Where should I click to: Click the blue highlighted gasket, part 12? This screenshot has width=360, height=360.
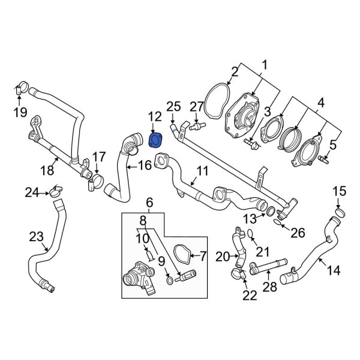(155, 140)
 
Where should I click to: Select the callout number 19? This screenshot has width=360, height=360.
(20, 112)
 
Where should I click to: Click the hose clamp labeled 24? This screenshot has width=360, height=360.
(55, 192)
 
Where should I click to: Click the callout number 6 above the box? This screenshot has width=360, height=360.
(150, 203)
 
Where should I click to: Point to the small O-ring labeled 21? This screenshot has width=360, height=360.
(251, 233)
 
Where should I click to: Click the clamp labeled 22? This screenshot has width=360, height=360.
(239, 275)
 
